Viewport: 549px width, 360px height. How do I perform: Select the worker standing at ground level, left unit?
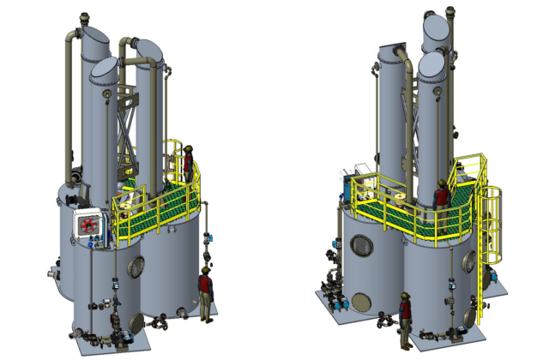[x=205, y=292]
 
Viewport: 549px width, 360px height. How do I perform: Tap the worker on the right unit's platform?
[x=442, y=195]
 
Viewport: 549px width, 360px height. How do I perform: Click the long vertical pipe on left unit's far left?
[x=68, y=111]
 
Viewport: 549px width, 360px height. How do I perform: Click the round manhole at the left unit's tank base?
[x=136, y=323]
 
